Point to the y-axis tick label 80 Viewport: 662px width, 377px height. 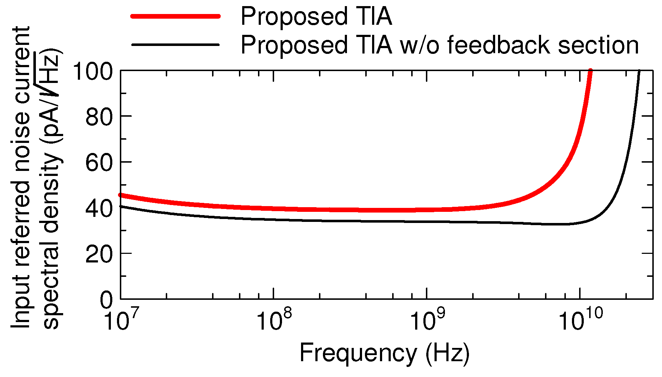click(99, 117)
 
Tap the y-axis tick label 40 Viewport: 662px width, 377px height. click(99, 208)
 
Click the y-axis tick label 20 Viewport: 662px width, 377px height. click(99, 254)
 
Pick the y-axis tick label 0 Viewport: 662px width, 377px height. click(106, 300)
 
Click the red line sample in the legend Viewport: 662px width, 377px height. click(175, 16)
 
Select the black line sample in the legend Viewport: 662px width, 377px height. click(175, 45)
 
